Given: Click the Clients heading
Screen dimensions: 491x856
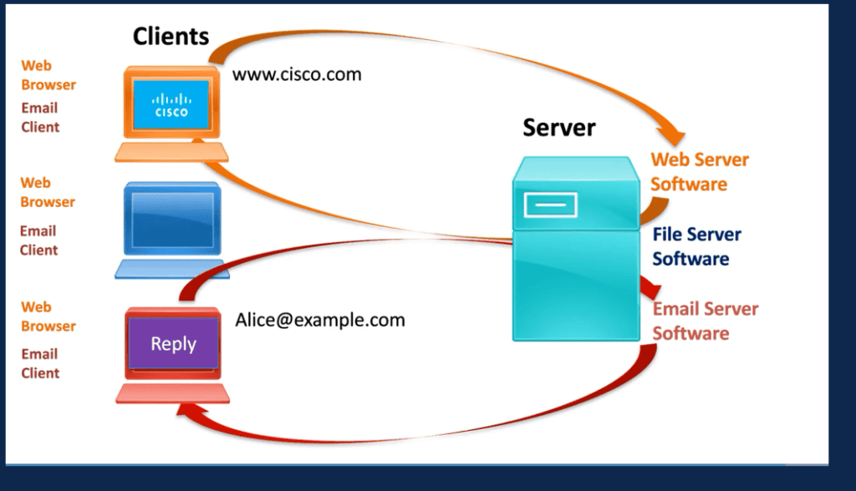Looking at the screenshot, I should [171, 36].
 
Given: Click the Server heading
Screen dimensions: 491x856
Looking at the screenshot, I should [558, 128].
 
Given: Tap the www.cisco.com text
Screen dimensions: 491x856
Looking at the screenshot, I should [297, 74].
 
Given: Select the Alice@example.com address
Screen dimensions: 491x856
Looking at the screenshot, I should [319, 320].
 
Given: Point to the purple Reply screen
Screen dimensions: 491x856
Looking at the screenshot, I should [173, 344].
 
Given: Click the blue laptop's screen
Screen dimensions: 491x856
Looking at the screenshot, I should [171, 219].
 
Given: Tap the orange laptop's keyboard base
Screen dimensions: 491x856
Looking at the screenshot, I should [171, 152].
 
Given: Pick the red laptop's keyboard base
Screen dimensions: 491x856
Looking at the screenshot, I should [172, 392].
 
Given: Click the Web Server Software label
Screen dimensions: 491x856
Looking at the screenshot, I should [699, 171].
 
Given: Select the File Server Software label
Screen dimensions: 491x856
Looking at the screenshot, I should [696, 246].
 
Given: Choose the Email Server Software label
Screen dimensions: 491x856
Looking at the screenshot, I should [705, 321].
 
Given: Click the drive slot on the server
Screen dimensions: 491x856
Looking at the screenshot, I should [549, 203].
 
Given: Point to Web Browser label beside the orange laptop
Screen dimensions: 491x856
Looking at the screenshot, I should [48, 74].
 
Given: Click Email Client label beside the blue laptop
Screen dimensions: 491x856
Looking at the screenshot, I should [38, 240].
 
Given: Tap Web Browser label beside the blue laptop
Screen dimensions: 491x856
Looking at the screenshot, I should [48, 192].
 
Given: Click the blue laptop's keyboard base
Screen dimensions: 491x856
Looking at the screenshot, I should [171, 269].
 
